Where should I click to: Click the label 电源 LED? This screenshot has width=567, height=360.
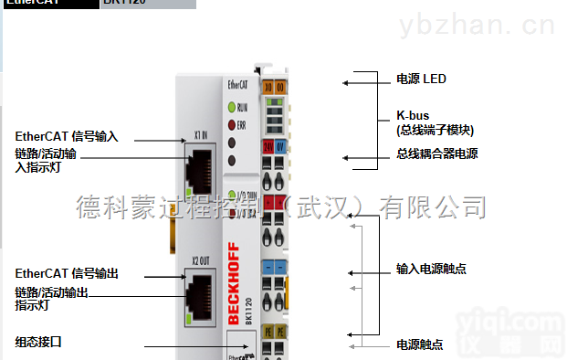421,79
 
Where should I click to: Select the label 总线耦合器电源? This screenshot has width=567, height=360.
436,154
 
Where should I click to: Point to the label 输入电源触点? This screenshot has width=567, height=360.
431,269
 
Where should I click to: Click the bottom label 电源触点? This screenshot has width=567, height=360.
419,344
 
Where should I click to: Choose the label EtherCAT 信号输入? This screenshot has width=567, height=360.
66,137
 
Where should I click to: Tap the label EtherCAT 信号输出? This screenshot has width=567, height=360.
66,273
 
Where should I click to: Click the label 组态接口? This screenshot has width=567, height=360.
37,342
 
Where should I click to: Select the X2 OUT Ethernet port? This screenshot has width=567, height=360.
201,293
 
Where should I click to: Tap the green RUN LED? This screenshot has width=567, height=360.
230,108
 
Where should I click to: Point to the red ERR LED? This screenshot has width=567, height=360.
230,123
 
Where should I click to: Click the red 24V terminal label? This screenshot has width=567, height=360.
268,145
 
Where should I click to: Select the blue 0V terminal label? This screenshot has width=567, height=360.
282,145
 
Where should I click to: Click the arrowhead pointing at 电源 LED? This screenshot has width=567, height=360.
347,83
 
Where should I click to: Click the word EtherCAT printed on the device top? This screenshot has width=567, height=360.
236,84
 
